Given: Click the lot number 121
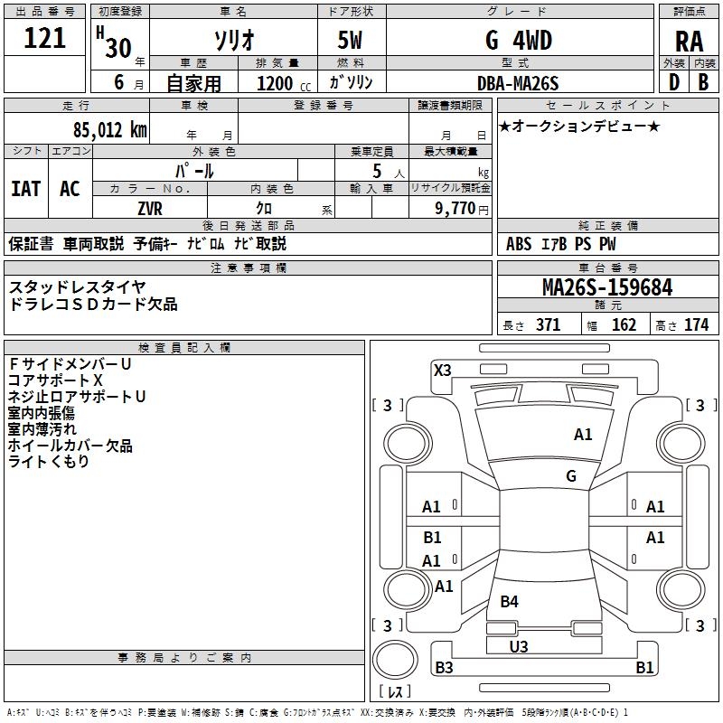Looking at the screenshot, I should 45,38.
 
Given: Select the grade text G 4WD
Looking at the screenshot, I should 518,40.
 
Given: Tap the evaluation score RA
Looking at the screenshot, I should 689,42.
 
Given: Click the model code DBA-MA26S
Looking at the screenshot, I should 518,83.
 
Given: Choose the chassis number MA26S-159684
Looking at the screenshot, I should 607,287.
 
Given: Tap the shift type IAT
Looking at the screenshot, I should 25,188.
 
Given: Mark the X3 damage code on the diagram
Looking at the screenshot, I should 443,370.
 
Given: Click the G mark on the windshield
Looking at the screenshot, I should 571,475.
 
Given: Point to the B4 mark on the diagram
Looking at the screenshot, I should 510,601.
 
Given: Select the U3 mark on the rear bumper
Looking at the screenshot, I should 519,646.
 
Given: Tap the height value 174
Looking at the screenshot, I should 696,325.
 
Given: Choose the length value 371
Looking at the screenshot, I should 548,325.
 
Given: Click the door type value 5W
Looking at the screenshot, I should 351,40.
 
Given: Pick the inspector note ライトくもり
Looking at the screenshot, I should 49,462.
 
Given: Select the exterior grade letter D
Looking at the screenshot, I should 673,82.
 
